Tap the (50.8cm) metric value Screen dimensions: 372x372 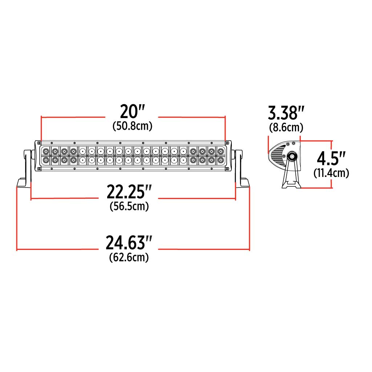coord(132,126)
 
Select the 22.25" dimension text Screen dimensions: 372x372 coord(129,192)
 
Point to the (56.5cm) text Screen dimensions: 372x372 coord(129,206)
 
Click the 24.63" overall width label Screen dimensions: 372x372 coord(129,243)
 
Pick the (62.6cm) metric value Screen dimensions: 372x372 coord(129,258)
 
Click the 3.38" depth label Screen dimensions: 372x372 coord(286,113)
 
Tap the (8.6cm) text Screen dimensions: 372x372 coord(286,128)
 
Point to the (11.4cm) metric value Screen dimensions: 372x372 coord(331,173)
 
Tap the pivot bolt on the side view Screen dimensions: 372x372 coord(291,156)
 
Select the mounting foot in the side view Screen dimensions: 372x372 coord(291,184)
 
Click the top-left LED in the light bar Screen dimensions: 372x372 coord(46,151)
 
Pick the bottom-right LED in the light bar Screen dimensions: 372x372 coord(220,159)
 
